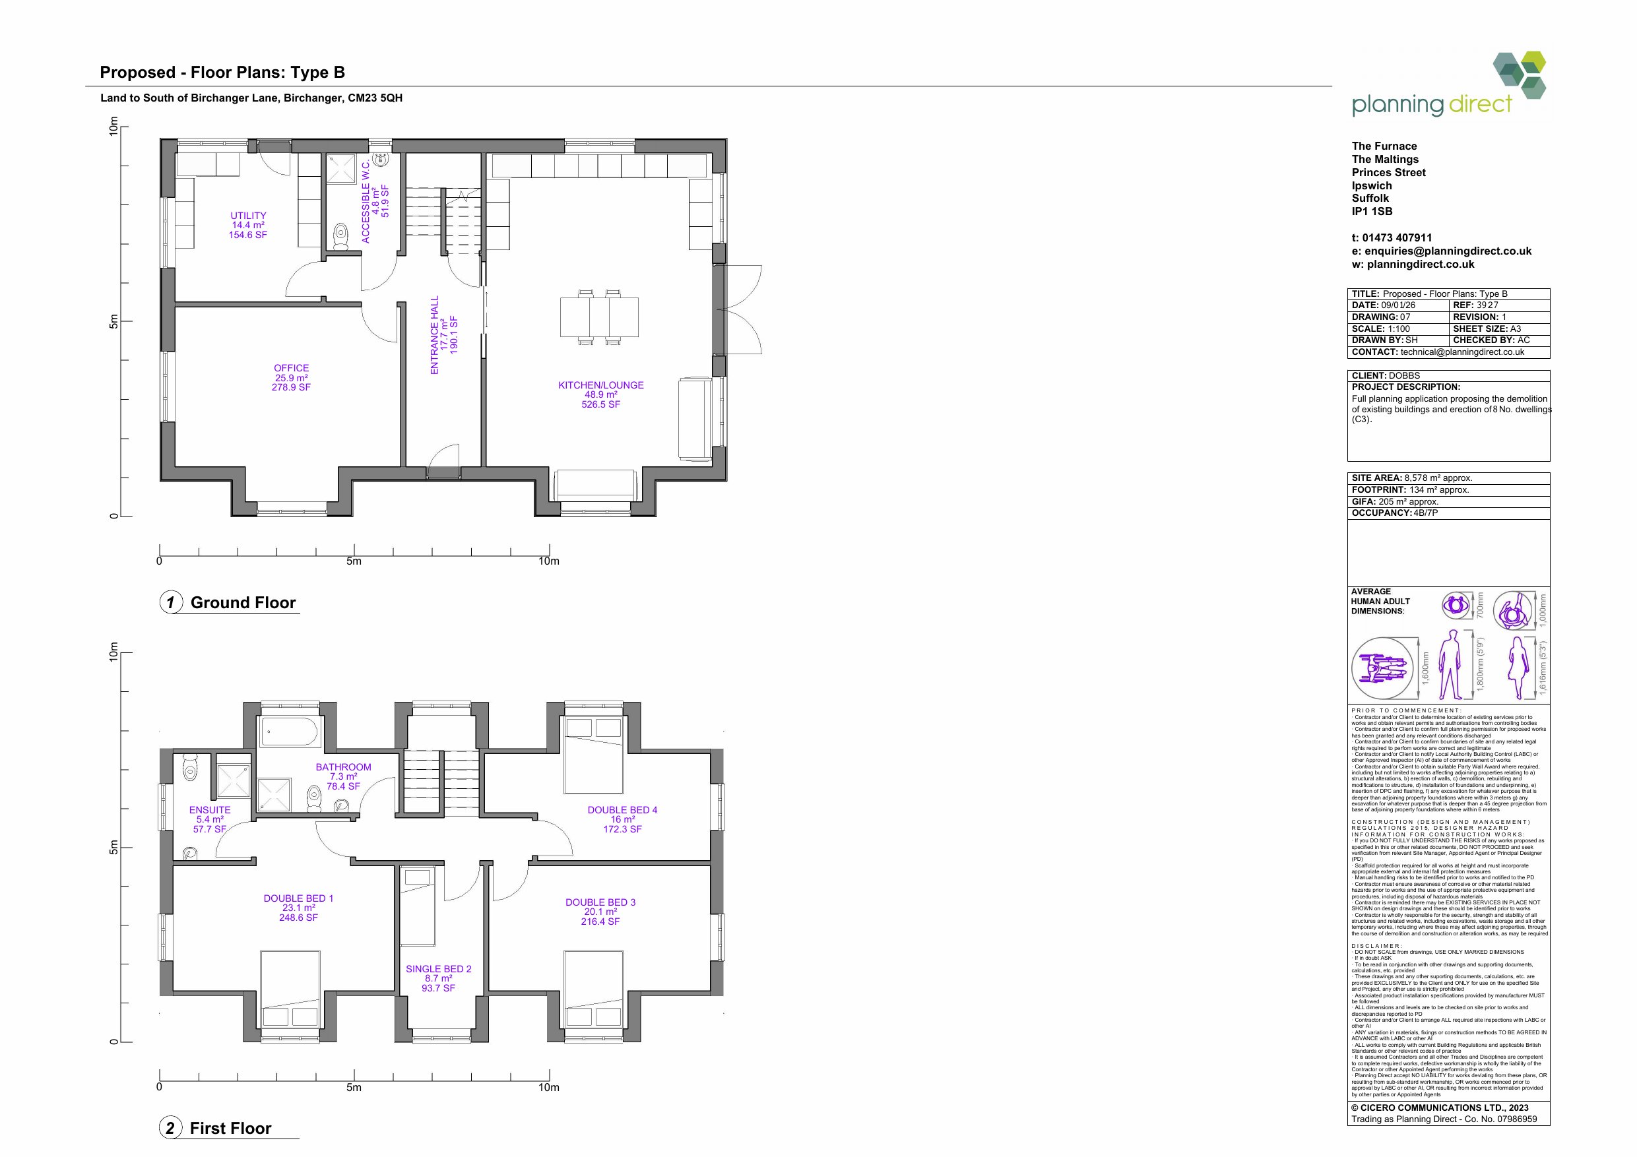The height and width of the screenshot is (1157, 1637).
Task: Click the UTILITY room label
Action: pyautogui.click(x=248, y=215)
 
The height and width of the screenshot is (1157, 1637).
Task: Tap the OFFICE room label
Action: pyautogui.click(x=291, y=368)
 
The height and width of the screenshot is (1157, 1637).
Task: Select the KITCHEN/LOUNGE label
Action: pyautogui.click(x=600, y=385)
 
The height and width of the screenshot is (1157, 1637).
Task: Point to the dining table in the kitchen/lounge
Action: pyautogui.click(x=599, y=317)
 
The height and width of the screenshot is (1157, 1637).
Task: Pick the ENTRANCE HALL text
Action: pyautogui.click(x=434, y=335)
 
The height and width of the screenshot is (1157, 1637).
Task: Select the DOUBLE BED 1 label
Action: pyautogui.click(x=298, y=898)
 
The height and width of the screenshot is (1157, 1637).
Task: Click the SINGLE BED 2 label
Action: pyautogui.click(x=439, y=969)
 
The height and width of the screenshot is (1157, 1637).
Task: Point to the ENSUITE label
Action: pyautogui.click(x=210, y=810)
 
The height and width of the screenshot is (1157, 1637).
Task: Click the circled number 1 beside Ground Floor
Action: pyautogui.click(x=170, y=602)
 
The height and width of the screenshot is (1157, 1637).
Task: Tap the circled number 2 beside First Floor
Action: pyautogui.click(x=170, y=1128)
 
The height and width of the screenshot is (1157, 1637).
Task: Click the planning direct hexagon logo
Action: pyautogui.click(x=1520, y=74)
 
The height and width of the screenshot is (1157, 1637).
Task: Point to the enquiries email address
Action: pyautogui.click(x=1441, y=251)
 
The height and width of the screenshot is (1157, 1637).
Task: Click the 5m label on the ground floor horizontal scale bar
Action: pyautogui.click(x=354, y=561)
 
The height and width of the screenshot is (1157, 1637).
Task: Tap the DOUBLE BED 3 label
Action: pyautogui.click(x=600, y=902)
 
